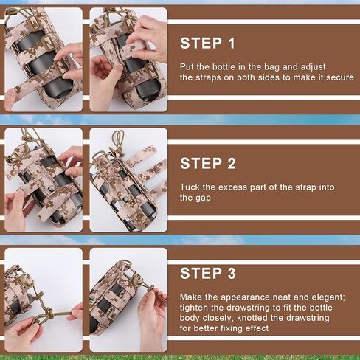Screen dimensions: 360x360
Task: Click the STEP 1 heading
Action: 207,44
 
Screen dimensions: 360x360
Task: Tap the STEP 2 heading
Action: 208,164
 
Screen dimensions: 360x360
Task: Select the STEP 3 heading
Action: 208,273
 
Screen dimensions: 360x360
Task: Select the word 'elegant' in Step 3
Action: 328,297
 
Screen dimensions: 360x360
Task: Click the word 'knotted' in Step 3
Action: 252,318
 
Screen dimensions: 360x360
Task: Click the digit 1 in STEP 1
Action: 231,44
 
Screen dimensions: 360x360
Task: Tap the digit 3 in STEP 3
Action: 232,273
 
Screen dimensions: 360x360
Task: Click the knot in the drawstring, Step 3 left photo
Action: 49,313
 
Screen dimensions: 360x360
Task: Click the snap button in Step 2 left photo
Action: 52,189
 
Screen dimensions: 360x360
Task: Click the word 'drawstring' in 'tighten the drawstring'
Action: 250,308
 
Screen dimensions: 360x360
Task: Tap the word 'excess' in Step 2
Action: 232,187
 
